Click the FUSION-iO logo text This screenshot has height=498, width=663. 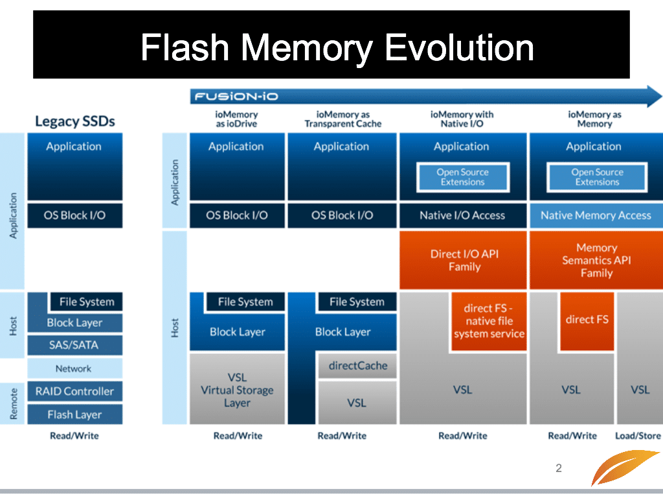236,97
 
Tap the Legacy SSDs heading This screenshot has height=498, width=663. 75,121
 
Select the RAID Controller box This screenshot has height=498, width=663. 75,391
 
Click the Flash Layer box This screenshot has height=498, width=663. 75,414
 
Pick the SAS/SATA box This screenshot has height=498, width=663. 75,345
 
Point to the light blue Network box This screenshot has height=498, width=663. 75,368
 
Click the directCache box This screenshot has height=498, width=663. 357,366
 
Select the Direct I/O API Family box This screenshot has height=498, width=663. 463,260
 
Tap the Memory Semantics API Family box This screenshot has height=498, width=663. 596,260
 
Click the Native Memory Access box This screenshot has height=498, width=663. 596,215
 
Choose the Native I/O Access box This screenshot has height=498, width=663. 463,215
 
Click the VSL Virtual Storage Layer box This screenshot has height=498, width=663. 237,389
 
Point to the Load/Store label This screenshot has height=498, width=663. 638,436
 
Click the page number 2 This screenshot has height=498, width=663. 559,468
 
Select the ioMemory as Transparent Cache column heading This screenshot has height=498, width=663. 343,119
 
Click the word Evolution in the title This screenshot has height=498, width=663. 459,47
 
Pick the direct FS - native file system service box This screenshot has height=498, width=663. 489,321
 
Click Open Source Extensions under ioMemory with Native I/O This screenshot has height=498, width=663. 462,177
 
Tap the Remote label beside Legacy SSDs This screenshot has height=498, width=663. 14,403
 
